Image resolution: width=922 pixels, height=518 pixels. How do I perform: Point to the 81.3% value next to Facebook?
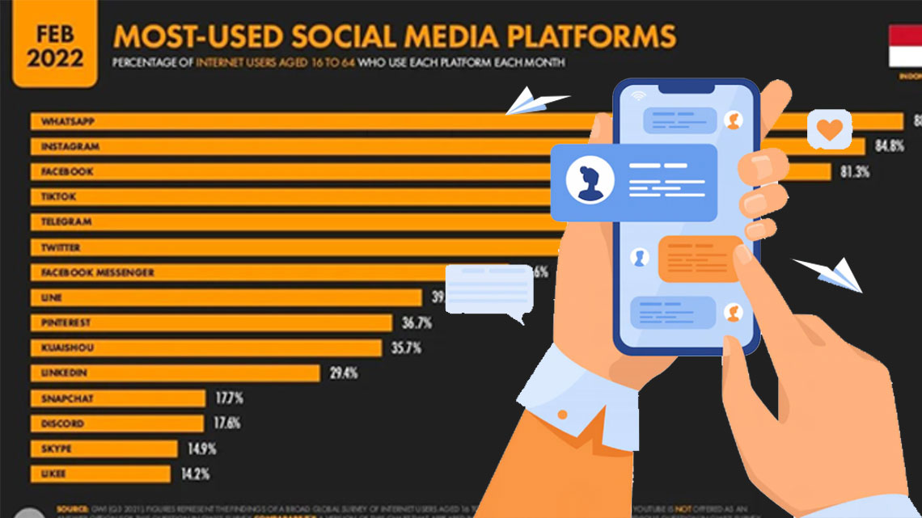pyautogui.click(x=853, y=171)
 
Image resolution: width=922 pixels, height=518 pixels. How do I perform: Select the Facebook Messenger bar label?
pyautogui.click(x=96, y=272)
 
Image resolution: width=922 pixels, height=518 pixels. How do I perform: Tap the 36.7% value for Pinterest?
pyautogui.click(x=417, y=323)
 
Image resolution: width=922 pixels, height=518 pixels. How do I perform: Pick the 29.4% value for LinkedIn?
pyautogui.click(x=343, y=373)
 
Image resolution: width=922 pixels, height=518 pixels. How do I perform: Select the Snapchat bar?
pyautogui.click(x=118, y=398)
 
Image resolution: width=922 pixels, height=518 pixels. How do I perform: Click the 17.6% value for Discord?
pyautogui.click(x=227, y=423)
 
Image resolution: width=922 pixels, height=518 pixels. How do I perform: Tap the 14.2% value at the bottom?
pyautogui.click(x=195, y=474)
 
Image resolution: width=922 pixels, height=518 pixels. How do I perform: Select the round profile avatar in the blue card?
pyautogui.click(x=590, y=182)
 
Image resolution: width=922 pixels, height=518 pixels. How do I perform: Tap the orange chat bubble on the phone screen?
pyautogui.click(x=700, y=259)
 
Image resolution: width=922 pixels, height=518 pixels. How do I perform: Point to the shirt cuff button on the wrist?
pyautogui.click(x=562, y=415)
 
